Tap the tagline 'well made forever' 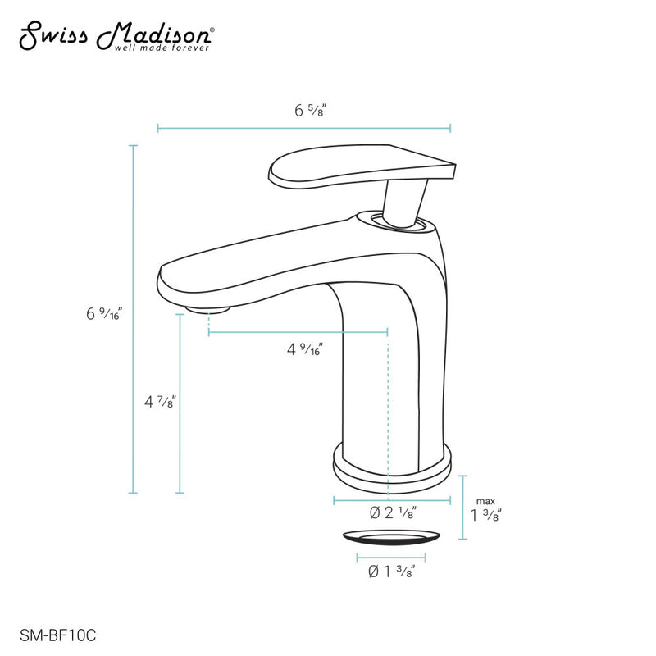[x=169, y=48]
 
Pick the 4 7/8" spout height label [x=160, y=402]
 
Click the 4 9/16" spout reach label [x=304, y=349]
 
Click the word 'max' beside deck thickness [x=486, y=501]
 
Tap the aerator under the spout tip [x=207, y=310]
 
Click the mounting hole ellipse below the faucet [x=390, y=538]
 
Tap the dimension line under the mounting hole [x=390, y=558]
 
